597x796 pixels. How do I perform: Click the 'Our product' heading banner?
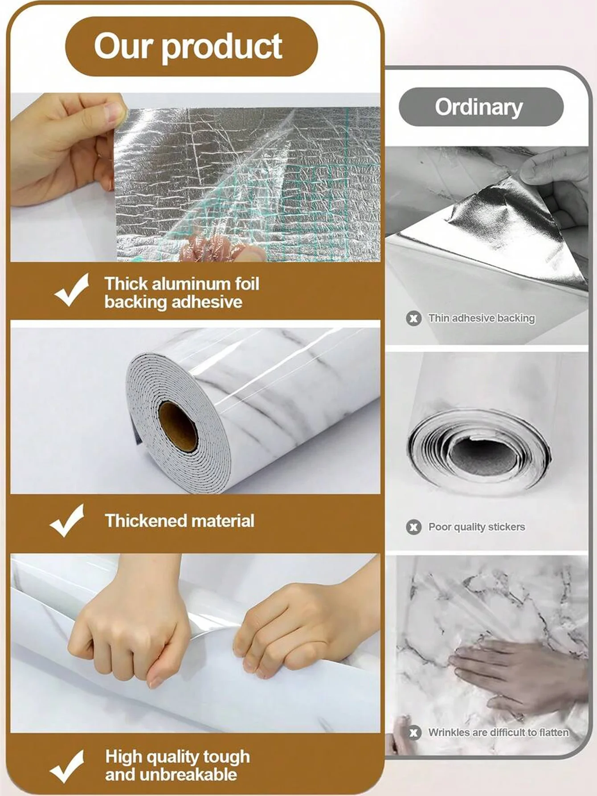pos(192,46)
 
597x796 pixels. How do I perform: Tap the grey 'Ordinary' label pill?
pos(481,107)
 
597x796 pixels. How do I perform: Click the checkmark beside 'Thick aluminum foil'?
pos(72,290)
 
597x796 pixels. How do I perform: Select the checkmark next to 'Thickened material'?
pos(67,520)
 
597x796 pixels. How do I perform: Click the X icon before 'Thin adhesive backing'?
pos(414,318)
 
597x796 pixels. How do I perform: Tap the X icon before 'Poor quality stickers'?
pos(414,527)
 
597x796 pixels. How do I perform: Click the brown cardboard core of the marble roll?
pos(178,426)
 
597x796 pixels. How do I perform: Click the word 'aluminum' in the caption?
pos(192,284)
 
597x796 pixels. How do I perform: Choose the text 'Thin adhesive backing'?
pos(481,318)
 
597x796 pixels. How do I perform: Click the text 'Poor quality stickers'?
pos(477,527)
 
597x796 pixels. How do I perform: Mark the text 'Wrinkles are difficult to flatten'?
pos(499,732)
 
